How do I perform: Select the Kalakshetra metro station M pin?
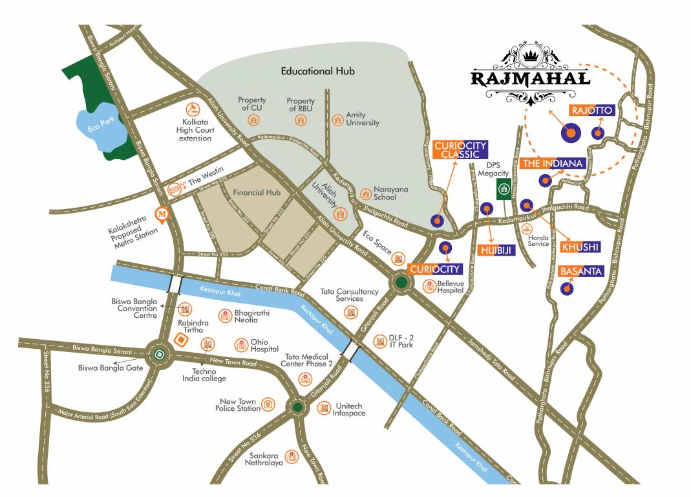point(163,214)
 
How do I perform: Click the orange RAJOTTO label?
point(591,111)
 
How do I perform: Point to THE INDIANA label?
point(553,163)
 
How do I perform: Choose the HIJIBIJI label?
point(496,250)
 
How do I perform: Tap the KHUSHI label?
point(580,247)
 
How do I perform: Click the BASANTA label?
point(580,271)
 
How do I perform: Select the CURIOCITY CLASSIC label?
point(460,150)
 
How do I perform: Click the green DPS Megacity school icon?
point(504,190)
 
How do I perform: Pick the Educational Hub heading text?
point(317,71)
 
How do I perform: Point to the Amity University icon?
point(337,120)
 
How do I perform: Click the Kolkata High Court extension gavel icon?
point(191,108)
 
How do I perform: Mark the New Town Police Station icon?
point(266,406)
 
